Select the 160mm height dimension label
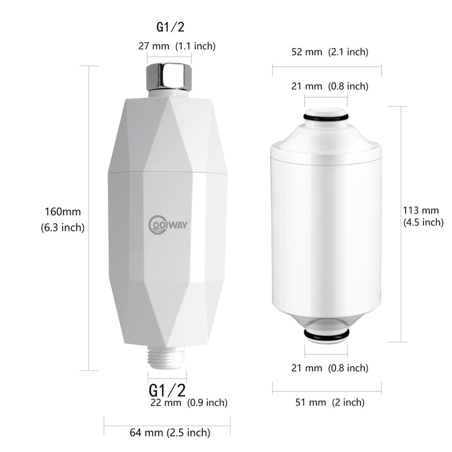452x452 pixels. [63, 212]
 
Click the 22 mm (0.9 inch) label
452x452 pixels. [189, 403]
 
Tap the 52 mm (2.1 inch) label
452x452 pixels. [327, 53]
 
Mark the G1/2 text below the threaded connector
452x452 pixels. [167, 389]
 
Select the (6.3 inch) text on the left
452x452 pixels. [63, 228]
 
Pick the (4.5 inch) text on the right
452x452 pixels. [423, 222]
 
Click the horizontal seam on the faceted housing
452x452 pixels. [169, 170]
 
